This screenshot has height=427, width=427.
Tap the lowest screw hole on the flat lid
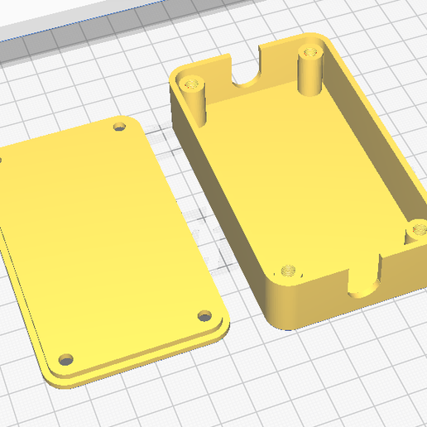[64, 362]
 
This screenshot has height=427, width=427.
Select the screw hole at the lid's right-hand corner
[204, 315]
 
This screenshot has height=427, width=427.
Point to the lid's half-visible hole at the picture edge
[2, 159]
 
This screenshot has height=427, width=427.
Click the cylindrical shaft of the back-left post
[198, 103]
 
